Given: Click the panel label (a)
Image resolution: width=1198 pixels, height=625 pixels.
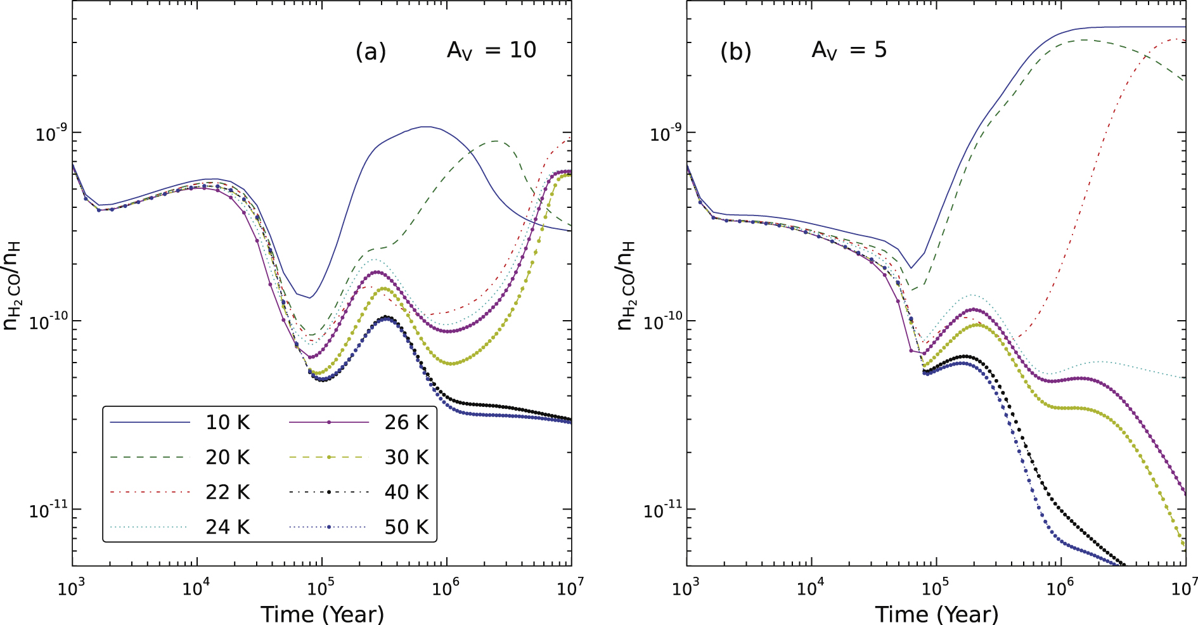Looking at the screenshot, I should coord(371,51).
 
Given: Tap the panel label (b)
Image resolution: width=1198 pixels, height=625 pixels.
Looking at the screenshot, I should coord(735,51).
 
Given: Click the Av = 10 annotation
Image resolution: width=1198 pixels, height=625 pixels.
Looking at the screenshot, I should coord(491,51).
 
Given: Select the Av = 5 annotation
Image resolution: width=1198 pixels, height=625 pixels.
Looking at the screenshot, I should coord(849,51).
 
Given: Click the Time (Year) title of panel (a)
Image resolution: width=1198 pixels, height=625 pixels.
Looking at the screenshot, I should coord(322,614).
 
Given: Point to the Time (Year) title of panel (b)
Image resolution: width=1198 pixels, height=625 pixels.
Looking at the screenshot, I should coord(936,614).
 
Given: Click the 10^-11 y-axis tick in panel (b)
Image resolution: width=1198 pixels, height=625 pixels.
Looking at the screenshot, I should coord(662,510).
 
